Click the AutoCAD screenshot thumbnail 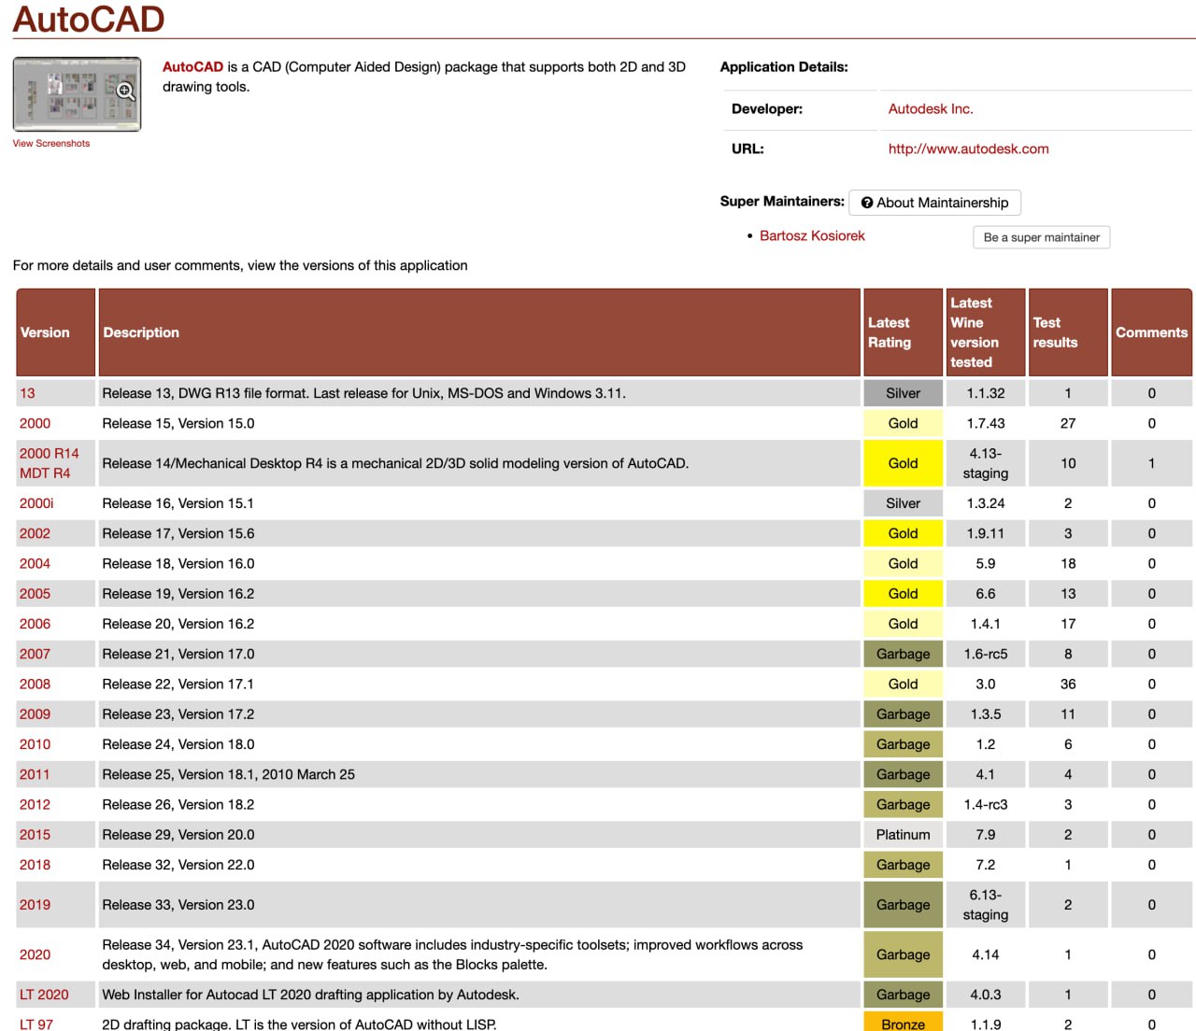(x=77, y=94)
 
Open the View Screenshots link (x=51, y=144)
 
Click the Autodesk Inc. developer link (x=931, y=109)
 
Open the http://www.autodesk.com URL (x=968, y=148)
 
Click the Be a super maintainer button (x=1041, y=237)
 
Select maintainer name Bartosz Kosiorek (x=812, y=236)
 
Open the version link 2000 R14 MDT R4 (x=50, y=463)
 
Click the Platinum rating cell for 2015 (x=903, y=835)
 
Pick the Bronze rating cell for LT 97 (x=903, y=1024)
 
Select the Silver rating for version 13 (x=903, y=393)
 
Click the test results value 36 (x=1067, y=685)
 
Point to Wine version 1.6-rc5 (x=985, y=655)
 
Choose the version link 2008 (x=36, y=685)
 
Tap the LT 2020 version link (x=44, y=995)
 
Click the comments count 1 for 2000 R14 (x=1151, y=463)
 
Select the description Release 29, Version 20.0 (x=178, y=835)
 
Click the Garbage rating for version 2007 (x=903, y=655)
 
